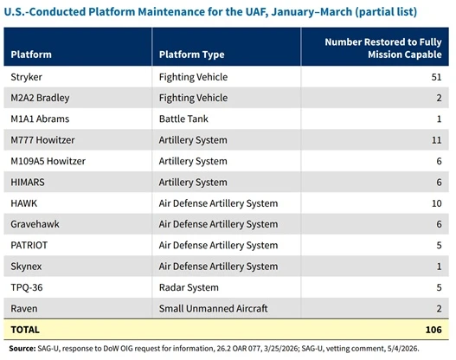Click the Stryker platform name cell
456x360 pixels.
click(27, 77)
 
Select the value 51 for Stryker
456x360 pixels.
click(436, 77)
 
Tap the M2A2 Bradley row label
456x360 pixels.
click(40, 98)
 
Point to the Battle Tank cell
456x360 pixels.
click(183, 119)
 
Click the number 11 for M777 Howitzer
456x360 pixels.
click(436, 140)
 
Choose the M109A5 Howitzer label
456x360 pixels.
click(48, 161)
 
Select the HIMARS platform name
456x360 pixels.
click(28, 183)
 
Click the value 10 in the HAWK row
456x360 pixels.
click(436, 203)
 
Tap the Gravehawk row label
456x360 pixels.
click(35, 224)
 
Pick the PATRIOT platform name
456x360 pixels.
click(29, 246)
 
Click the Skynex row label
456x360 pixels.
click(26, 267)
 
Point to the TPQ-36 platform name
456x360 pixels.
click(27, 287)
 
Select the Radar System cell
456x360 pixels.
click(189, 287)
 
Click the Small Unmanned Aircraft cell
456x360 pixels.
click(213, 309)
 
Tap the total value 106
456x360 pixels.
click(434, 330)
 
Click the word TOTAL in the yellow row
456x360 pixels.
click(25, 330)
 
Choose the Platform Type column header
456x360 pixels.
click(191, 55)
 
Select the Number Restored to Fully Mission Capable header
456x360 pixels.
click(383, 48)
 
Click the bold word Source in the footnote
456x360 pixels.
click(22, 349)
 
